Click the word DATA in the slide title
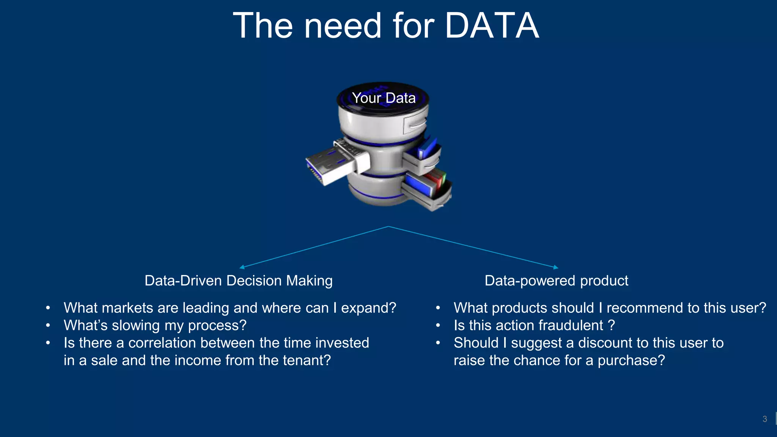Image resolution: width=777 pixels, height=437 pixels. coord(492,26)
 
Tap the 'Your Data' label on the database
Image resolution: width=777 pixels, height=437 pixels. coord(384,98)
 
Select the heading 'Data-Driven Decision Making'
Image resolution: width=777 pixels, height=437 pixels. coord(238,281)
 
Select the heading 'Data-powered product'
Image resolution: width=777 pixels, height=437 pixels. coord(556,281)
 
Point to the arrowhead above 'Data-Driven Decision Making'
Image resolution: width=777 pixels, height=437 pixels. coord(242,267)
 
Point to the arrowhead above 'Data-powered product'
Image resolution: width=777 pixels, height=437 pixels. coord(556,267)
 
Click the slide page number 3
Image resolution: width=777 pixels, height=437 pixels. coord(764,419)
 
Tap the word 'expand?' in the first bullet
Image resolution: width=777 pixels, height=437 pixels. coord(368,308)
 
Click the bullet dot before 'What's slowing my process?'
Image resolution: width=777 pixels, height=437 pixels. coord(48,325)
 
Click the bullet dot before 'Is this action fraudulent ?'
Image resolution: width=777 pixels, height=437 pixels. coord(438,325)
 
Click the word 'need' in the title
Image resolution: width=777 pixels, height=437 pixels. coord(343,26)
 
